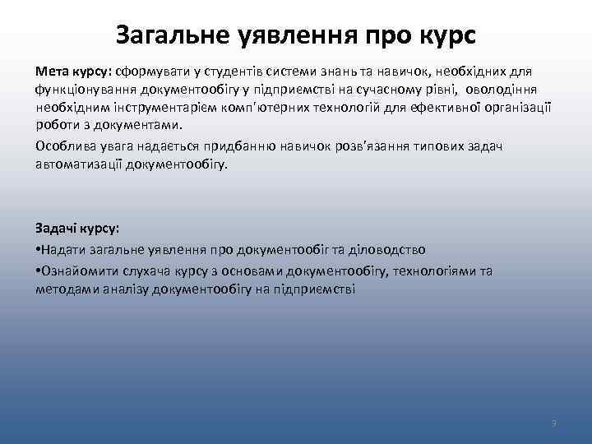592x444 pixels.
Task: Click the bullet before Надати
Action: click(x=38, y=249)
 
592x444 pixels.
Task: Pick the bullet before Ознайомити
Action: click(x=38, y=271)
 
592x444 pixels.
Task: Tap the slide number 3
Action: click(x=554, y=423)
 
